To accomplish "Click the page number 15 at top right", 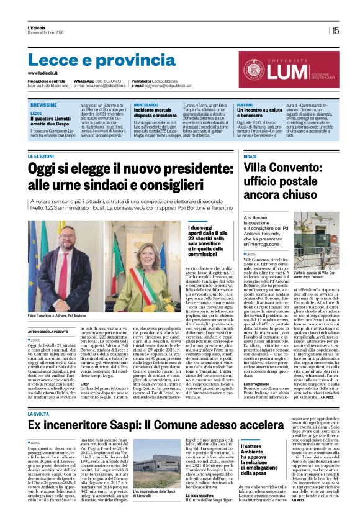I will tap(335, 30).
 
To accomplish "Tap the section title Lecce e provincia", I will tap(94, 60).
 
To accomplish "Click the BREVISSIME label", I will tap(43, 106).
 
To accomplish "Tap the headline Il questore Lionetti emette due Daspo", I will tap(51, 123).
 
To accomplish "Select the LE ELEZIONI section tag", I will tap(41, 157).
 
